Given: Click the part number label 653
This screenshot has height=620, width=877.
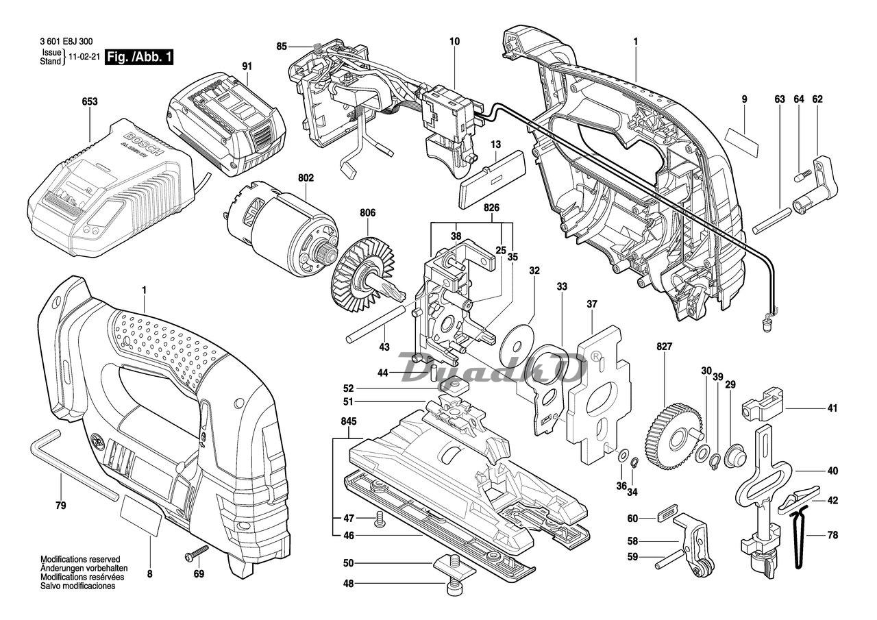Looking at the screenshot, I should coord(89,102).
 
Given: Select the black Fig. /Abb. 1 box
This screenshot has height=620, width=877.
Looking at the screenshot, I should coord(138,58).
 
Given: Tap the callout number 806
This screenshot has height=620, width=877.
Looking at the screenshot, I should coord(368,213).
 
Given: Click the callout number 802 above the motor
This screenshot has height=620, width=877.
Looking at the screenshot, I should coord(306,178).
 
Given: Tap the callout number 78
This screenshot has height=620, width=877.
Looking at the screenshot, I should coord(832,536).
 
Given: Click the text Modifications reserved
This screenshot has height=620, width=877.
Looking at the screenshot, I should coord(80,559).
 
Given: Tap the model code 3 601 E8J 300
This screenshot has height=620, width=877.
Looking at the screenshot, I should coord(67,41).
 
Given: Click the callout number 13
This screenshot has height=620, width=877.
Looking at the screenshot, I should coord(495,145).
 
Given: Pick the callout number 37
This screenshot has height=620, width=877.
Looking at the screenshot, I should coord(592,303).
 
